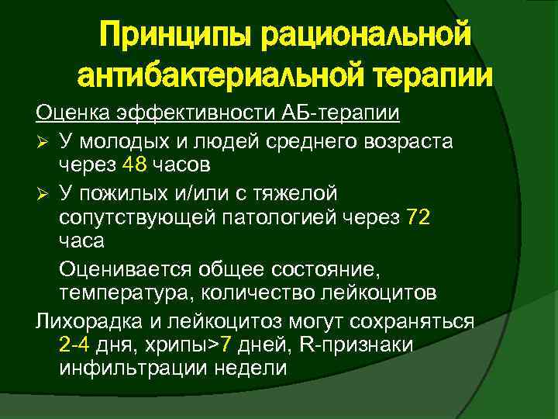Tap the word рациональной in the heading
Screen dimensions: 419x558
click(x=364, y=35)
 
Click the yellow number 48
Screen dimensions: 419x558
click(x=133, y=165)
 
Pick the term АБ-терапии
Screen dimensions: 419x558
click(x=349, y=114)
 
